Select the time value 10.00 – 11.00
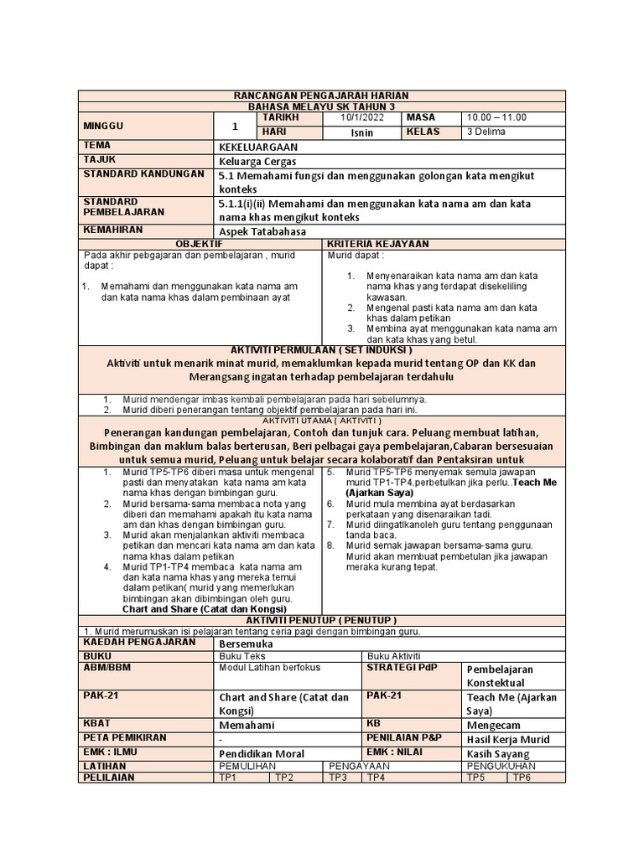click(496, 118)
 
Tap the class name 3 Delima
click(486, 132)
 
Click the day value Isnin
click(362, 132)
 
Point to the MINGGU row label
click(103, 125)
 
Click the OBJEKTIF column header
click(200, 243)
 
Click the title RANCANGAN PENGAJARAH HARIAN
click(322, 96)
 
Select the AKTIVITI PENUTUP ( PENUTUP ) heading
click(322, 619)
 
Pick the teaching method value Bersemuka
click(246, 643)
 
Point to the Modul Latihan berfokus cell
click(263, 668)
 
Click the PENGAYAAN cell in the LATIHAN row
click(360, 766)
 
